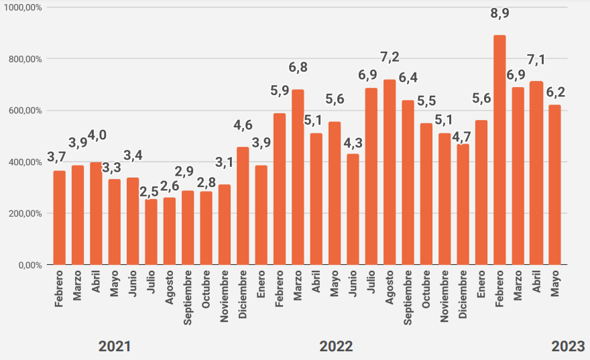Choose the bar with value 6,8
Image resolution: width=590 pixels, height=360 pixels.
[298, 177]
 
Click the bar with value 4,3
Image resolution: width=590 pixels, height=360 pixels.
[353, 209]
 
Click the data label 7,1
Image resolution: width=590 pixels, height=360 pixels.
[536, 60]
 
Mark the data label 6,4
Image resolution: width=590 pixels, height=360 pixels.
[408, 78]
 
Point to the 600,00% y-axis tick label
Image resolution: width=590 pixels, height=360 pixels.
[25, 111]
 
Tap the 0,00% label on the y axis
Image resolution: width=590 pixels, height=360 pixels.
[30, 265]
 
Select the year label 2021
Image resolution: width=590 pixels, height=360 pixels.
[115, 347]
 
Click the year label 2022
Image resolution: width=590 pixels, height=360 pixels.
[336, 347]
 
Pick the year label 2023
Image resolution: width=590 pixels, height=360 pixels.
[568, 347]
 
